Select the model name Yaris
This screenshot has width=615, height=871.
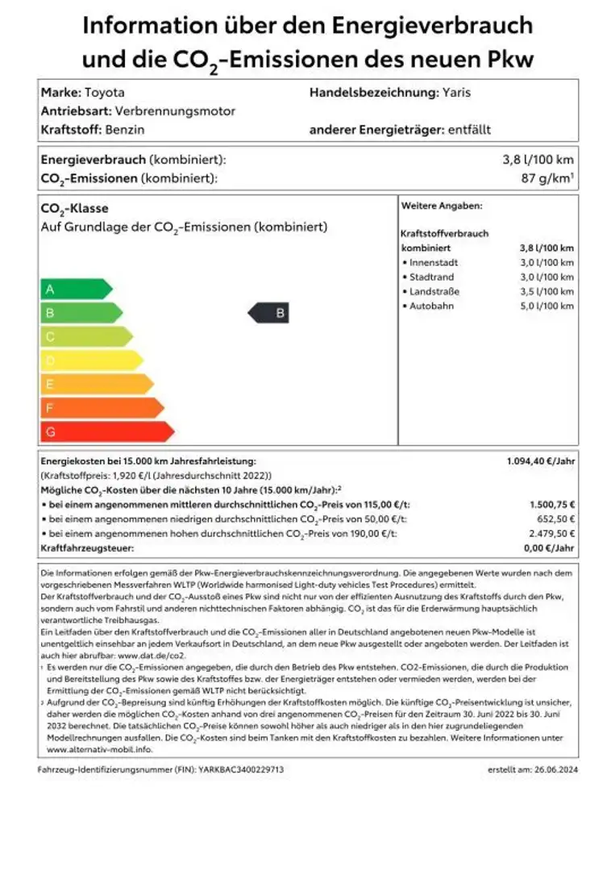point(456,93)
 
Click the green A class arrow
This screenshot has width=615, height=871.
point(75,290)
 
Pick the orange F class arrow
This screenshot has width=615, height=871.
point(102,408)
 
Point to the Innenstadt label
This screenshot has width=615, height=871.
point(433,263)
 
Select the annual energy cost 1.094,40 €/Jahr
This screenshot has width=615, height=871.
point(540,461)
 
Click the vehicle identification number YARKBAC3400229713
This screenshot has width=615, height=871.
point(241,770)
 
